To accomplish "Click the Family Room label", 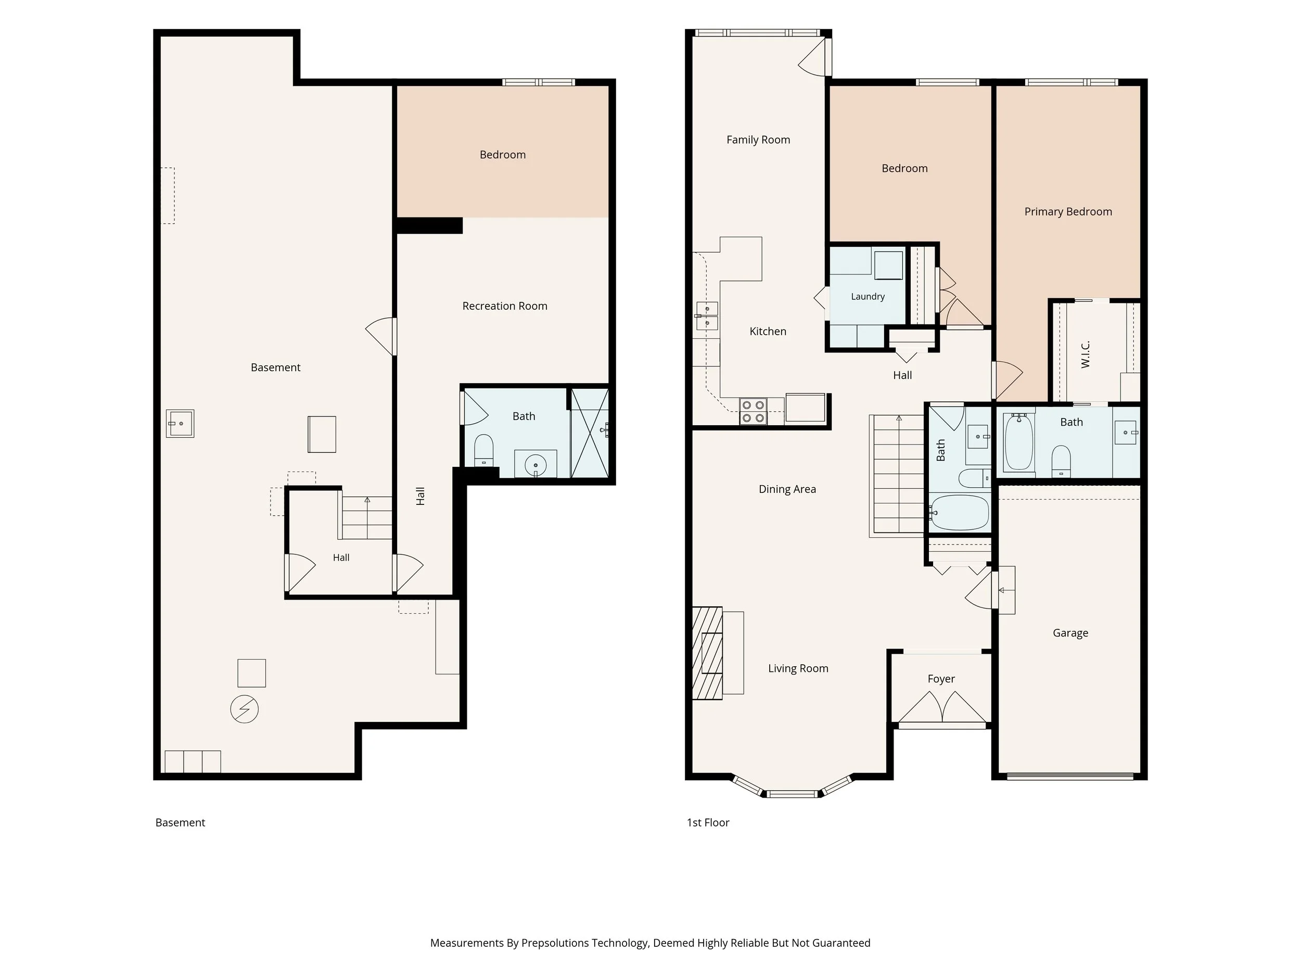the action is click(x=758, y=140).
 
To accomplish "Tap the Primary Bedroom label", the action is click(x=1068, y=212).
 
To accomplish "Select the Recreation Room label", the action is click(x=505, y=306).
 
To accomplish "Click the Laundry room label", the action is click(x=868, y=297).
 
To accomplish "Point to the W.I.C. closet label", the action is click(x=1086, y=354).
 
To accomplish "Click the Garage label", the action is click(x=1070, y=633).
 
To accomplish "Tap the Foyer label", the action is click(x=941, y=679).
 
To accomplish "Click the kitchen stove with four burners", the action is click(x=753, y=411).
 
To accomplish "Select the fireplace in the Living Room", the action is click(x=708, y=653).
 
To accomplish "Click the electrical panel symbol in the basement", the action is click(x=245, y=709).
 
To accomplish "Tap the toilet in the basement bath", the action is click(x=483, y=450).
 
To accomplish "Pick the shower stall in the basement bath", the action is click(x=590, y=433).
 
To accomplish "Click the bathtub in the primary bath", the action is click(x=1019, y=442).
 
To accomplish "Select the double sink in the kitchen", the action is click(x=706, y=316).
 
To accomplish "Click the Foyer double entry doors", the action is click(x=942, y=707).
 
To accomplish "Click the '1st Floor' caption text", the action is click(x=708, y=822).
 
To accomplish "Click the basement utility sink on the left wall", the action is click(x=180, y=424).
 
